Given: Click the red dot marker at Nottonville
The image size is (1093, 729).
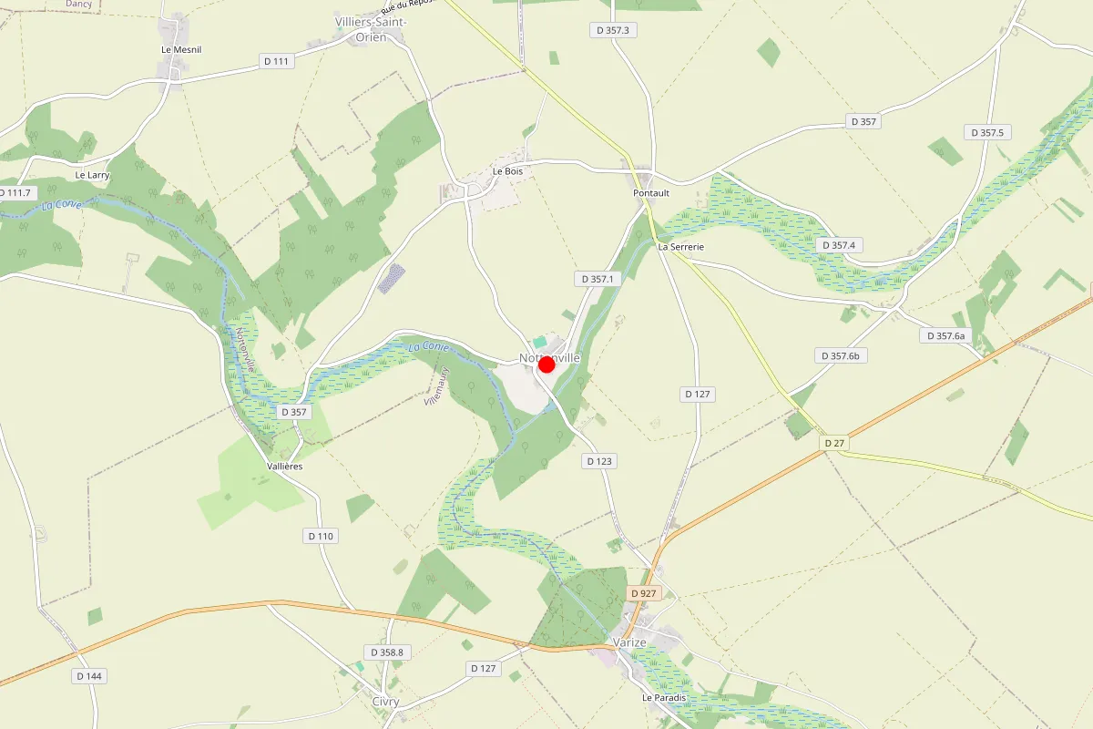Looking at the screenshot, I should coord(546,364).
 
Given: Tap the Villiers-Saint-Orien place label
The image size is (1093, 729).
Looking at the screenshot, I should coord(371,29).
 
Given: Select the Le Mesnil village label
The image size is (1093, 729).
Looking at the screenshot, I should coord(181,49).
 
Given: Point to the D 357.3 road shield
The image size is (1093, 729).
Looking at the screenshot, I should coord(613,30).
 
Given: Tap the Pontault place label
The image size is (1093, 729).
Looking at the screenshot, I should coord(651,193).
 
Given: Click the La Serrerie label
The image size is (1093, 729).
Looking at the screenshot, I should coord(681,246).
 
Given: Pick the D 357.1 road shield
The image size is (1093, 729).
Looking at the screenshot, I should coord(598,278).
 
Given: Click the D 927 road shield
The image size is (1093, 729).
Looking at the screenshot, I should coord(643,593).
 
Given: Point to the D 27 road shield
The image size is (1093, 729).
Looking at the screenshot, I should coord(833,443).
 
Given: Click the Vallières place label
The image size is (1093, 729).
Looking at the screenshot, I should coord(285,466).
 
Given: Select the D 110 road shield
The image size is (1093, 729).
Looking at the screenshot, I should coord(321,536).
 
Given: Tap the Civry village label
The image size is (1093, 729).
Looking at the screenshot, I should coord(385,702).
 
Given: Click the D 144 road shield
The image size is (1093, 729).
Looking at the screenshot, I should coord(88,676).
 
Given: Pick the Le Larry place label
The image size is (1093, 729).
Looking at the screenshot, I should coord(92,174).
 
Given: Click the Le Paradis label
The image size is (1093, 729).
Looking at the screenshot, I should coord(660,698).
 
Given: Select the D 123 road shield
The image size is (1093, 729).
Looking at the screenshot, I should coord(598,461).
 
